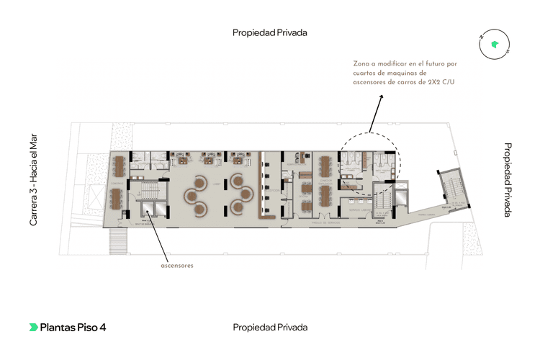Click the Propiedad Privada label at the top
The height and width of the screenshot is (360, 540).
click(x=270, y=32)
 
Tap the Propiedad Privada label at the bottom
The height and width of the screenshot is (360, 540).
click(x=270, y=327)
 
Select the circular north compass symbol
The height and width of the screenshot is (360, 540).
click(x=494, y=45)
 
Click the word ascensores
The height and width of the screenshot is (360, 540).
click(x=177, y=265)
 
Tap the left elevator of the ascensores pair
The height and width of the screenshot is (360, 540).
click(x=145, y=210)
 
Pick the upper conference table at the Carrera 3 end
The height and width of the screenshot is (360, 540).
click(x=118, y=168)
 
